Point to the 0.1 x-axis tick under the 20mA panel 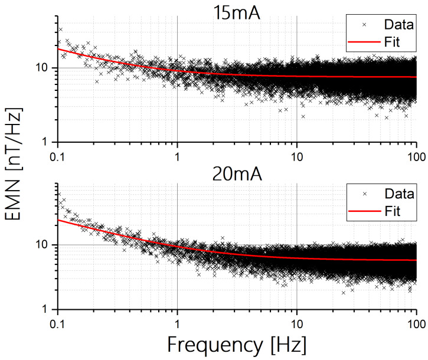point(58,323)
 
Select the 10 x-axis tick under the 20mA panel point(297,323)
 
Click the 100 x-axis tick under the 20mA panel point(416,323)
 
